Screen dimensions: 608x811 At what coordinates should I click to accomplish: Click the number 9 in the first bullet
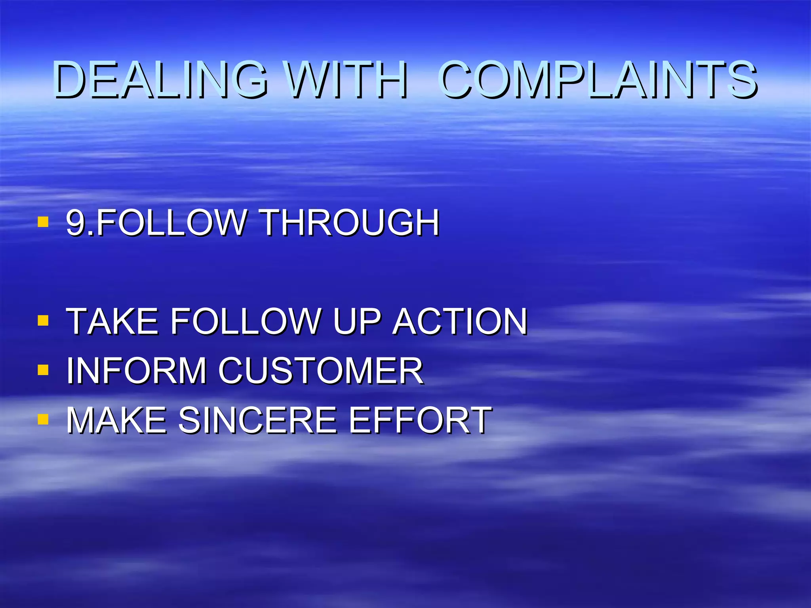tap(75, 222)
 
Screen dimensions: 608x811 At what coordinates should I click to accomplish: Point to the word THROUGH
tap(350, 222)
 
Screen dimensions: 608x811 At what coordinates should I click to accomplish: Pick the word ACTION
tap(460, 321)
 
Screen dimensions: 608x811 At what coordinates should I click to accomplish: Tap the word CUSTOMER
tap(321, 370)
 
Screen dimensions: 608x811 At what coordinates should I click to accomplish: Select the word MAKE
tap(116, 420)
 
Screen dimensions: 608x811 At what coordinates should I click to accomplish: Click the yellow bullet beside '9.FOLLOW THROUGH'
tap(43, 222)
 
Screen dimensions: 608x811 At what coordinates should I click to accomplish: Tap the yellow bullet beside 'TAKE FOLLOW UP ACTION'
tap(43, 320)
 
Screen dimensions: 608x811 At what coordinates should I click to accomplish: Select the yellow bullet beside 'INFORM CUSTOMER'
tap(43, 370)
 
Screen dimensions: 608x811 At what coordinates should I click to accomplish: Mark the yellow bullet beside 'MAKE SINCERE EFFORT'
tap(43, 419)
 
